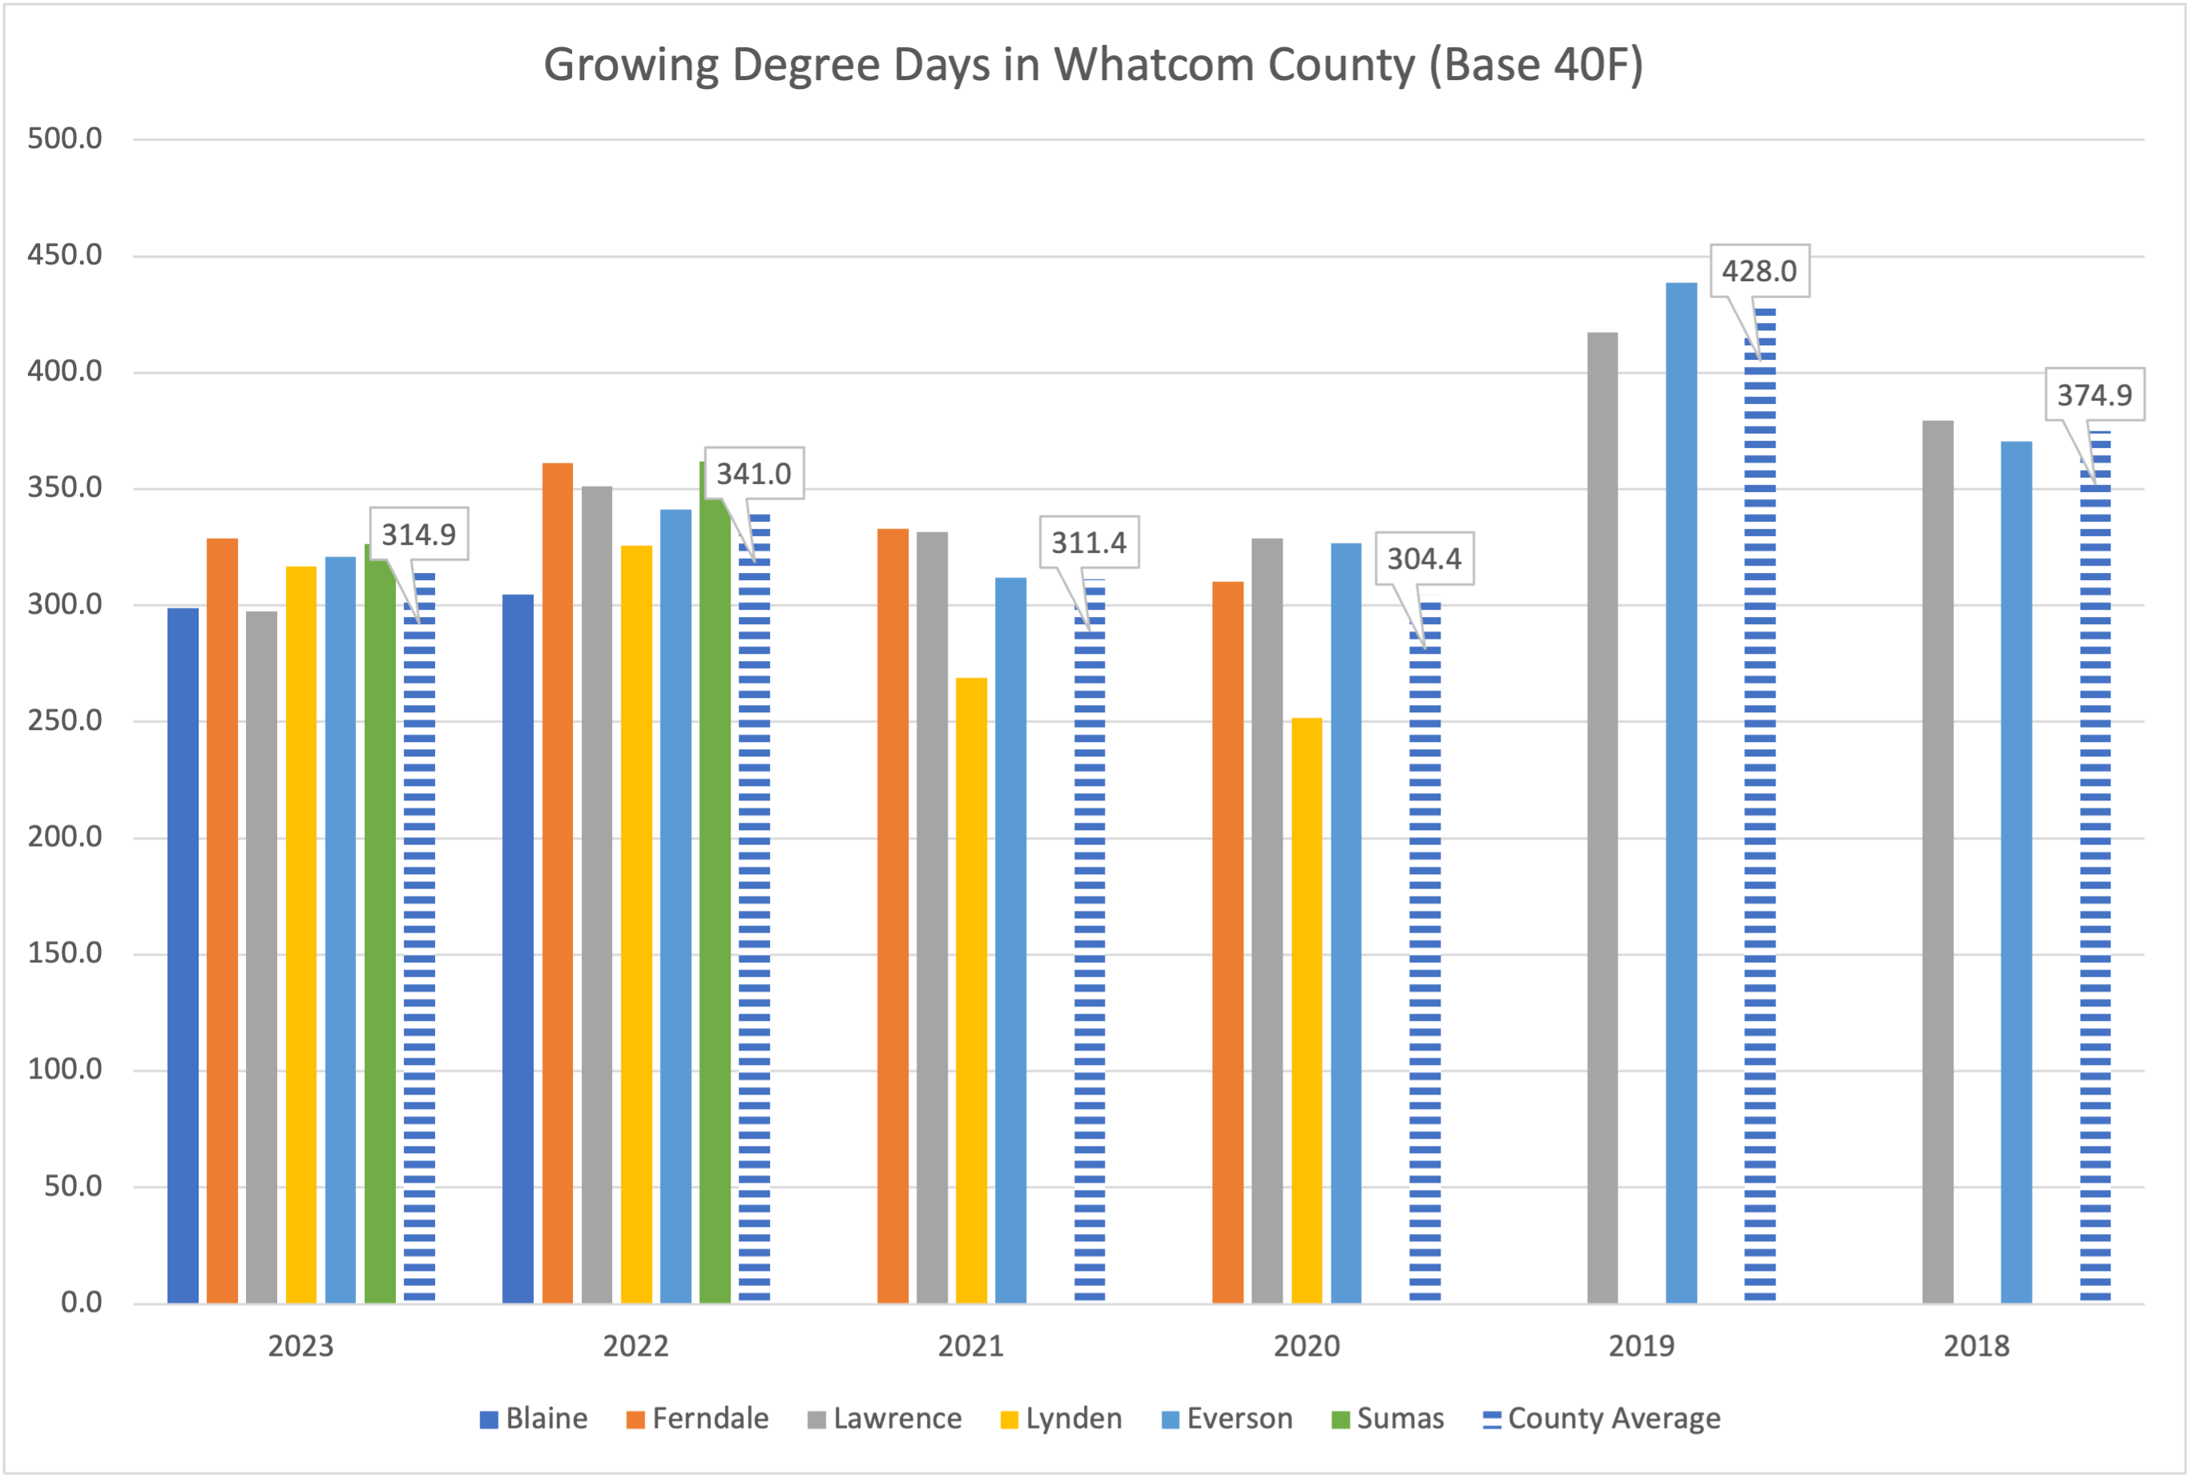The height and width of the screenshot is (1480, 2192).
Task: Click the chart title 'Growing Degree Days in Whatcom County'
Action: click(x=1092, y=66)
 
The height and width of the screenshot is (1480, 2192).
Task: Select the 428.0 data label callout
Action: click(x=1759, y=272)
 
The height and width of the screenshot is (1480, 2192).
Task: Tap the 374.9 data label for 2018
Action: click(x=2094, y=394)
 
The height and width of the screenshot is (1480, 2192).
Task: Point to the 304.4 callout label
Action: click(x=1424, y=559)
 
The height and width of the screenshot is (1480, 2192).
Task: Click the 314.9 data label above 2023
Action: click(x=418, y=534)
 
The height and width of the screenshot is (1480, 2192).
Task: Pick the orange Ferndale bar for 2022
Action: click(x=558, y=882)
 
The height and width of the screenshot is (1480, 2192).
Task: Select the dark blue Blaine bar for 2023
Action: click(x=183, y=954)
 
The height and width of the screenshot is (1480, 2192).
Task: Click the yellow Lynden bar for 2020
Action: click(x=1307, y=1010)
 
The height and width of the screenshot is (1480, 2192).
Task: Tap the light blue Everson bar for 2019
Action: click(x=1681, y=792)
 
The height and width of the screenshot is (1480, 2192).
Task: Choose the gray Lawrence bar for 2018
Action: click(x=1937, y=861)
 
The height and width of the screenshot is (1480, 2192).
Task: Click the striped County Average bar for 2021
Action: click(x=1090, y=943)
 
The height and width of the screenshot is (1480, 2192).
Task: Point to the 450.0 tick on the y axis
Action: click(x=64, y=255)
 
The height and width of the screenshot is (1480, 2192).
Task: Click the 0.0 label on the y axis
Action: click(x=81, y=1303)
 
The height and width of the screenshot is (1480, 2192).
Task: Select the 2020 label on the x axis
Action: click(x=1307, y=1346)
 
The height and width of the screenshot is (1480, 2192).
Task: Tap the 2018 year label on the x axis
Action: click(x=1976, y=1346)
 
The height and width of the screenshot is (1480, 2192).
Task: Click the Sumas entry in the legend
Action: click(x=1388, y=1418)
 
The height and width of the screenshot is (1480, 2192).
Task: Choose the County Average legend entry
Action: click(x=1602, y=1418)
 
